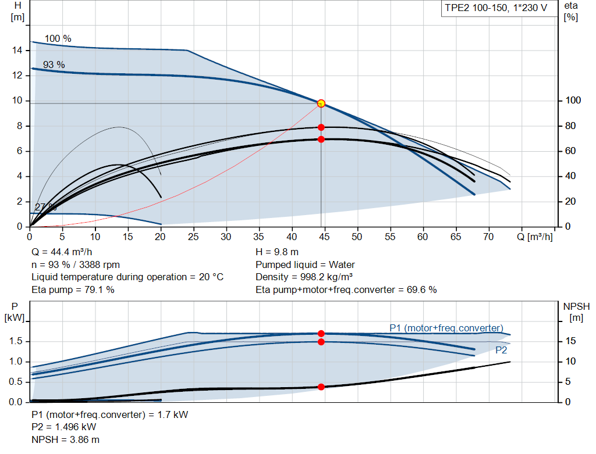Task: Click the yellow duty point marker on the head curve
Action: pyautogui.click(x=321, y=103)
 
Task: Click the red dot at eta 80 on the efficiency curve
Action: pyautogui.click(x=321, y=127)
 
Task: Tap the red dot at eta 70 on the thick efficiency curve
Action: pyautogui.click(x=321, y=140)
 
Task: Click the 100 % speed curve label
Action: pyautogui.click(x=58, y=39)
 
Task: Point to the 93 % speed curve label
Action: pyautogui.click(x=54, y=65)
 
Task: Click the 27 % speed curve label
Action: pyautogui.click(x=45, y=208)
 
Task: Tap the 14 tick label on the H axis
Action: pyautogui.click(x=17, y=51)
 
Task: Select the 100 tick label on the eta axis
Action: pyautogui.click(x=572, y=101)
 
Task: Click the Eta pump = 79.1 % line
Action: pyautogui.click(x=73, y=289)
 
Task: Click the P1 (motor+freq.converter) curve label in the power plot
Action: pyautogui.click(x=446, y=328)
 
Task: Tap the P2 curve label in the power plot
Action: pyautogui.click(x=501, y=350)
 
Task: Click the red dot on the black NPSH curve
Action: pyautogui.click(x=321, y=387)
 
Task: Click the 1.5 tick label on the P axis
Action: pyautogui.click(x=16, y=341)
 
